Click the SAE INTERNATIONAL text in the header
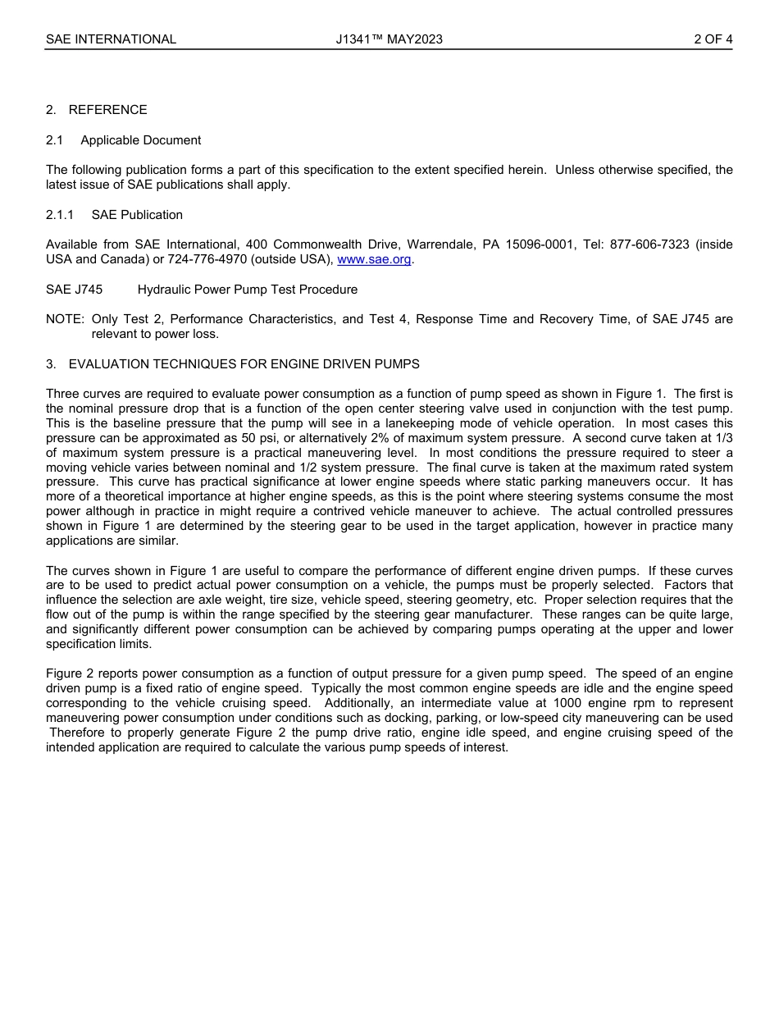click(111, 39)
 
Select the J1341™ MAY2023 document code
click(389, 39)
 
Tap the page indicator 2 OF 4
click(713, 39)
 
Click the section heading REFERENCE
click(107, 110)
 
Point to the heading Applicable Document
click(140, 140)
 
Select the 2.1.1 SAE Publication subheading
click(114, 215)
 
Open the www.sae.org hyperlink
click(374, 260)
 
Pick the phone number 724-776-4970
click(219, 260)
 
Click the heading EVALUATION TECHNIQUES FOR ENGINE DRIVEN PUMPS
click(244, 364)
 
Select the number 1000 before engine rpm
click(570, 704)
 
